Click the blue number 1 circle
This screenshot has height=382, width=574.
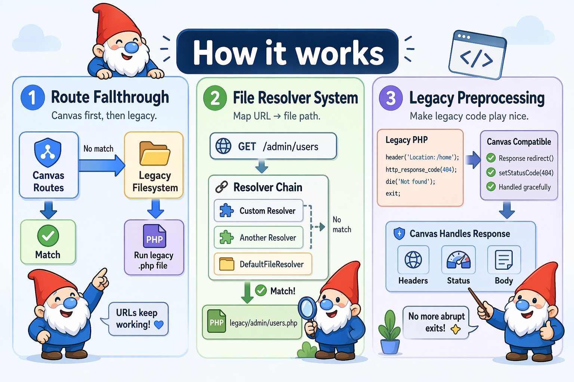pyautogui.click(x=33, y=97)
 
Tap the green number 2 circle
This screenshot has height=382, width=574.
pyautogui.click(x=215, y=98)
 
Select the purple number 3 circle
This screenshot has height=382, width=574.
pyautogui.click(x=391, y=98)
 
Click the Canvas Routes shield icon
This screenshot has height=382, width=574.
pyautogui.click(x=48, y=153)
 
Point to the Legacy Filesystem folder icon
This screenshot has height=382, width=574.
pyautogui.click(x=155, y=153)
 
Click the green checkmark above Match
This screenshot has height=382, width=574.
pyautogui.click(x=48, y=236)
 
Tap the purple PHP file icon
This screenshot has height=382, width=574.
pyautogui.click(x=154, y=237)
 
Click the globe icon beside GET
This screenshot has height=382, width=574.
pyautogui.click(x=223, y=146)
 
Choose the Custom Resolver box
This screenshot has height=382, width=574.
pyautogui.click(x=259, y=211)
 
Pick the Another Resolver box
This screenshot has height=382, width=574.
pyautogui.click(x=259, y=238)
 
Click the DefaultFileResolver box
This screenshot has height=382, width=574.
pyautogui.click(x=263, y=264)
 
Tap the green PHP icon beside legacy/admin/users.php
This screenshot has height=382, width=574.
pyautogui.click(x=217, y=322)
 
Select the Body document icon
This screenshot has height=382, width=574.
pyautogui.click(x=504, y=260)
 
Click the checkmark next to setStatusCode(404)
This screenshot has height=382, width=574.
pyautogui.click(x=491, y=172)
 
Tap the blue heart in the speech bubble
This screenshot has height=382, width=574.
pyautogui.click(x=159, y=325)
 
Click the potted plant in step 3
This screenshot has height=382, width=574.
pyautogui.click(x=389, y=332)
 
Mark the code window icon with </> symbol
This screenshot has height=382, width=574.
pyautogui.click(x=477, y=55)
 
